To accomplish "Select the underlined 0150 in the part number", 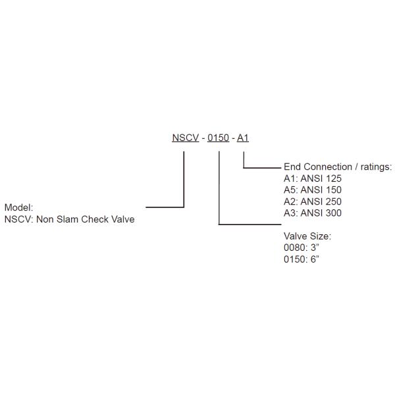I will [x=219, y=138].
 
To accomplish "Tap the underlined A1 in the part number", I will [x=243, y=138].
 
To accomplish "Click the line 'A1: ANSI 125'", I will [x=313, y=178].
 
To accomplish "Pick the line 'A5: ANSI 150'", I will [x=313, y=190].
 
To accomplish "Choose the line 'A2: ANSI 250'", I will [x=313, y=201].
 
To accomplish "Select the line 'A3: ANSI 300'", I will [x=313, y=213].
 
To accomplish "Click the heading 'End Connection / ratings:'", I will [x=338, y=167].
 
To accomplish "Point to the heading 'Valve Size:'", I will [x=307, y=236].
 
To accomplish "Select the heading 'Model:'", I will [x=18, y=207].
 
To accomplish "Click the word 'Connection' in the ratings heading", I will [x=329, y=167].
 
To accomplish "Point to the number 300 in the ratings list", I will [x=334, y=213].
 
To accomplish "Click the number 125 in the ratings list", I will [x=334, y=178].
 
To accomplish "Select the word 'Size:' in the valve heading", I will [x=320, y=236].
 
